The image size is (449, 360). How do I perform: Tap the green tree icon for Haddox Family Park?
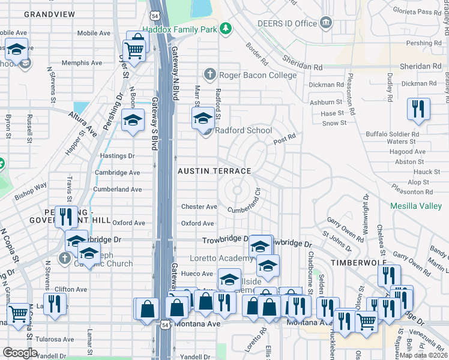click(x=225, y=28)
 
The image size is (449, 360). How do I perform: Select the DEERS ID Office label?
click(x=286, y=23)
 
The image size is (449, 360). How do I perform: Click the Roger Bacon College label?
click(x=258, y=75)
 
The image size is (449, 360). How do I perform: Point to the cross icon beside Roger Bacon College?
click(x=209, y=74)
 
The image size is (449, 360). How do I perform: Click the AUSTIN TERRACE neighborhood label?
click(x=214, y=171)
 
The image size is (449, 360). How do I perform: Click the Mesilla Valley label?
click(x=416, y=206)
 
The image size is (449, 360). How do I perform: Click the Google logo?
click(x=20, y=352)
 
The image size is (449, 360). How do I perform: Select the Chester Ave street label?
click(x=199, y=207)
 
